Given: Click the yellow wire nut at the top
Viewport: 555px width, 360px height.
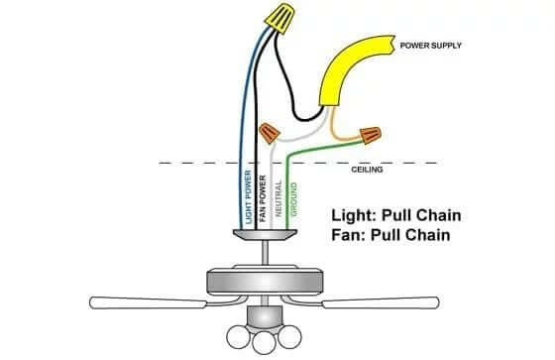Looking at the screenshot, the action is [279, 19].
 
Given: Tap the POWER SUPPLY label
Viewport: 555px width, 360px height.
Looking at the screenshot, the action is [430, 46].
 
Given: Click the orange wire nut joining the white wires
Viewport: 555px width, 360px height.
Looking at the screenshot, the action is [270, 133].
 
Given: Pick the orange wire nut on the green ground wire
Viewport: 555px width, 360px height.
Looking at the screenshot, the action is [371, 135].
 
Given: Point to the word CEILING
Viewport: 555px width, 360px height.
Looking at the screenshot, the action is [367, 170].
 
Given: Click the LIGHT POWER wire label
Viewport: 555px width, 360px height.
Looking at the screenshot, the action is [248, 197].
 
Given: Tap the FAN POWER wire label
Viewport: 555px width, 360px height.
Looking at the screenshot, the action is [263, 198].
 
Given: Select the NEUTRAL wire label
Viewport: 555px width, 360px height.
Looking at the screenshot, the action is [278, 198].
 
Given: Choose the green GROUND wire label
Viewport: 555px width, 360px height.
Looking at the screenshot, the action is [293, 199].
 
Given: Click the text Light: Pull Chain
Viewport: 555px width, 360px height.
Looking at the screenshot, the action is [396, 215].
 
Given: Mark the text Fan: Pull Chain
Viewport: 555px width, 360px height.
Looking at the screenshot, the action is [390, 235].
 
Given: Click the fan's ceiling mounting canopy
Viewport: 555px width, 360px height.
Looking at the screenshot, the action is [265, 235].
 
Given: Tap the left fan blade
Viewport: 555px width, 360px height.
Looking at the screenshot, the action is [148, 302].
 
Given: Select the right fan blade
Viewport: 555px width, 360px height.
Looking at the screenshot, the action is [381, 302].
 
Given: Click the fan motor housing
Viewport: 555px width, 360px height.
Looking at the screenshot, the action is [265, 281].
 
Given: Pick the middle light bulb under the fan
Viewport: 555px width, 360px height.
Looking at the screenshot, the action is [264, 343].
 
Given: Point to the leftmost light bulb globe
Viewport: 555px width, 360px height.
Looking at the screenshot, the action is [238, 336].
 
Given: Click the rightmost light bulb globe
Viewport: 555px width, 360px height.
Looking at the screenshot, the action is [289, 336].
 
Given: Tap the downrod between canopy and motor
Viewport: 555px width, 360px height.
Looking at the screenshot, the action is [265, 253].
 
